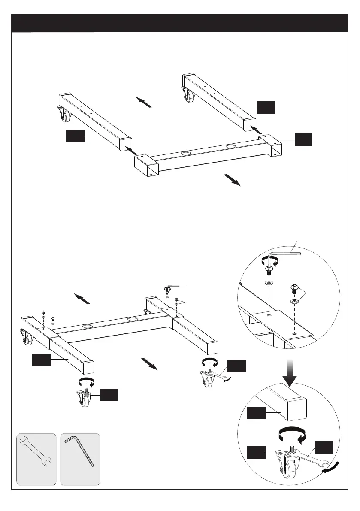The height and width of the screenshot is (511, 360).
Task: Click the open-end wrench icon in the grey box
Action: pos(36,458)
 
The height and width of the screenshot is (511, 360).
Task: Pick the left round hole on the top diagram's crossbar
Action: pos(186,153)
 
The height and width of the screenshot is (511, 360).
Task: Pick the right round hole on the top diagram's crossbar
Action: pos(231,147)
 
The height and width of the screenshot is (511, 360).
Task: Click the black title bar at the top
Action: pos(180,22)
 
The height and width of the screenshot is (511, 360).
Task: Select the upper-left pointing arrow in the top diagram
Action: pos(144,102)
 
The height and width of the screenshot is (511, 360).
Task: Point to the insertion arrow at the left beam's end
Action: pos(131,150)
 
